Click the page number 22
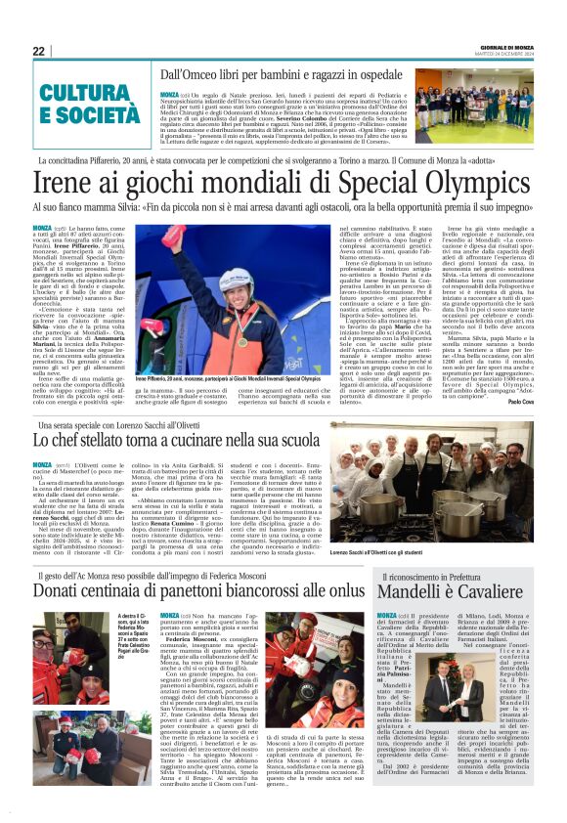[x=39, y=51]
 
